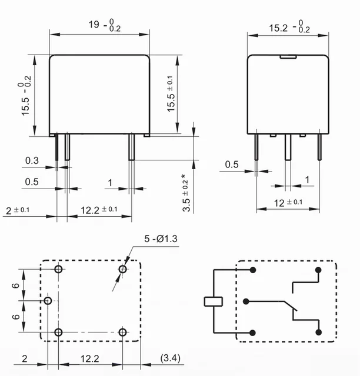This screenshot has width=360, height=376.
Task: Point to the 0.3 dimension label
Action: point(32,161)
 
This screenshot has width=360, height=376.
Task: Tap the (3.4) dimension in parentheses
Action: point(171,358)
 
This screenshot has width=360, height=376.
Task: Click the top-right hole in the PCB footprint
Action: point(123,269)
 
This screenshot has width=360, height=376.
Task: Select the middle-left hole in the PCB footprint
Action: point(48,301)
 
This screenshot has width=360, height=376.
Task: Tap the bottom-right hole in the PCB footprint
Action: point(122,333)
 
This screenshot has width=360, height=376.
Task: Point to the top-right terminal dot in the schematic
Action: point(318,270)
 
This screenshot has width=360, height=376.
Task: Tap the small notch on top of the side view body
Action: point(287,57)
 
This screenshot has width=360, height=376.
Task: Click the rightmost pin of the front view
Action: point(132,147)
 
